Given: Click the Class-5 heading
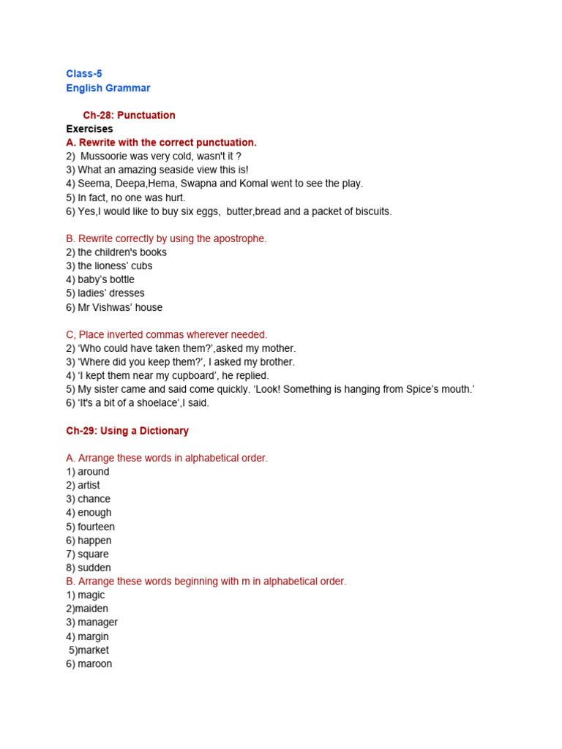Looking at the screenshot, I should click(84, 74).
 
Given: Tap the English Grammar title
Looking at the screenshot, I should click(108, 88).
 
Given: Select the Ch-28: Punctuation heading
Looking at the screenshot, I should click(129, 116).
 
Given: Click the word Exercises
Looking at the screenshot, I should click(89, 129).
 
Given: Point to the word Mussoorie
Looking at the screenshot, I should click(107, 157).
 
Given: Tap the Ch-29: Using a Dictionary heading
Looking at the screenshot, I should click(127, 431).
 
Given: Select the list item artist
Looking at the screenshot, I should click(89, 486).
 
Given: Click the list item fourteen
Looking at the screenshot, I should click(97, 527).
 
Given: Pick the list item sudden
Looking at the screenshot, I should click(94, 568).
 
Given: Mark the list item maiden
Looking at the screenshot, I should click(91, 609).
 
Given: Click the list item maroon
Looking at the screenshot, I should click(95, 664).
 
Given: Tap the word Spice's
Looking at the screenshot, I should click(408, 389).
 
